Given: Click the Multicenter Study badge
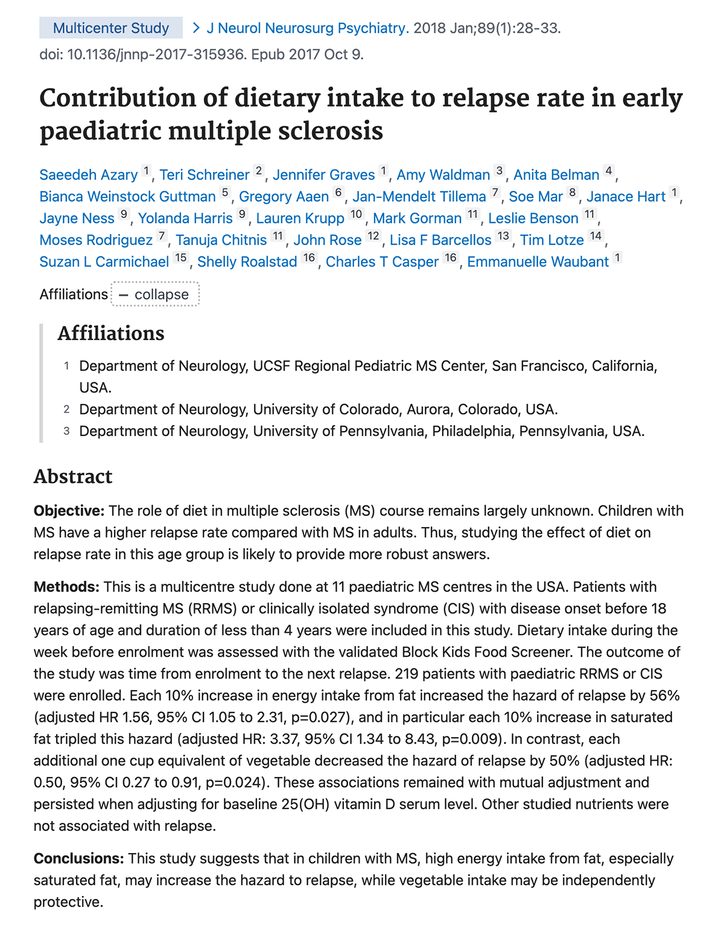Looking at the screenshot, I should click(111, 28).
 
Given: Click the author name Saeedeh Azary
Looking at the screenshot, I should click(89, 175).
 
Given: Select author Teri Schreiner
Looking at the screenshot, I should click(205, 175).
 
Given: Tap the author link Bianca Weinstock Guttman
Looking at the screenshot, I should click(127, 197).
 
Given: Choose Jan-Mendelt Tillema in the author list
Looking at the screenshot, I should click(419, 197).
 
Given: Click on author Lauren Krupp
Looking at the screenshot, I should click(300, 219).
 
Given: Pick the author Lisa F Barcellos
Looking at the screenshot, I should click(440, 240).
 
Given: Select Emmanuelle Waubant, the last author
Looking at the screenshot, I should click(538, 262).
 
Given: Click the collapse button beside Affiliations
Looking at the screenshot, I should click(155, 295).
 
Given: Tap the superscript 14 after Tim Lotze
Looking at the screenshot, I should click(596, 236).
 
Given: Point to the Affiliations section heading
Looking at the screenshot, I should click(111, 333).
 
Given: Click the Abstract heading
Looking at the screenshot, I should click(73, 476).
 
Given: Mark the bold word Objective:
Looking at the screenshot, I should click(69, 511).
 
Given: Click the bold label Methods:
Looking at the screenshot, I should click(66, 587).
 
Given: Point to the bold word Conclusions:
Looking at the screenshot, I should click(79, 859).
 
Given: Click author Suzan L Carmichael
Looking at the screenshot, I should click(104, 262).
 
